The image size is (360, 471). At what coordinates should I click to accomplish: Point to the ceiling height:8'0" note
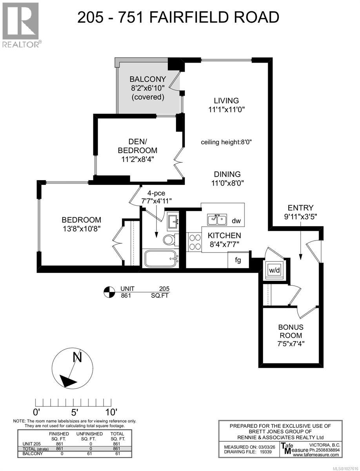226,142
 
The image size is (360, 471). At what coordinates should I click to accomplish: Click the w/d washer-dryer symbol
275,270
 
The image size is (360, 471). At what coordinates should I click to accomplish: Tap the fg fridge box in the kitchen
237,260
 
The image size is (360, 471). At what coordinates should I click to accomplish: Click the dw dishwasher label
236,221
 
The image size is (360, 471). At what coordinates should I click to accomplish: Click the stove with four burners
193,241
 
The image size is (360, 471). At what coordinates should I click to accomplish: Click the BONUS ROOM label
291,331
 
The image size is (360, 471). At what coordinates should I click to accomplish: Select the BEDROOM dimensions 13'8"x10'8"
81,229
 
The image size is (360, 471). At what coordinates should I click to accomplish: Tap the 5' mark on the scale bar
75,412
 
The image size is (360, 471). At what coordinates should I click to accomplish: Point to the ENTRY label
300,208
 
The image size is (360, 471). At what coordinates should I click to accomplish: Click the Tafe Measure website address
316,455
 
